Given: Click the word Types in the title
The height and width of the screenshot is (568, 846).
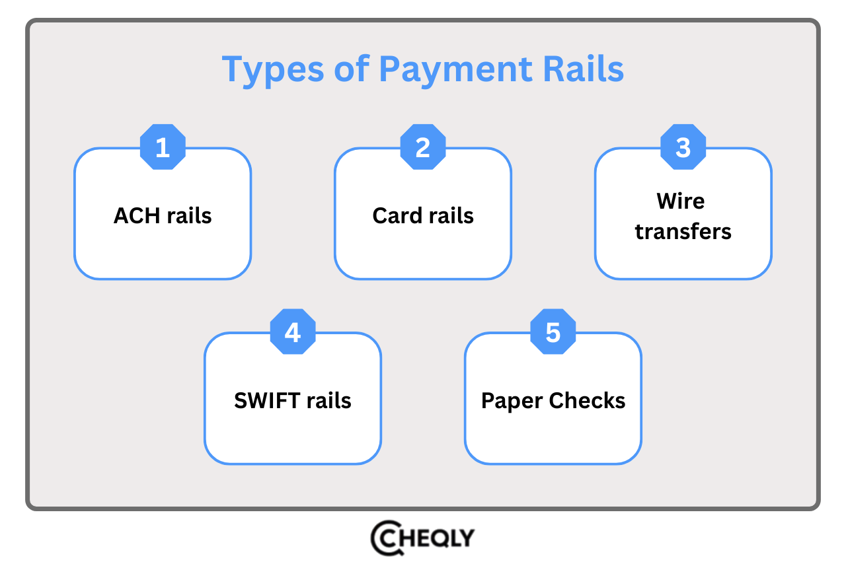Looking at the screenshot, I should (270, 70).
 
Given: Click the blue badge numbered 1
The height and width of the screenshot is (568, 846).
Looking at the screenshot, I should (163, 147).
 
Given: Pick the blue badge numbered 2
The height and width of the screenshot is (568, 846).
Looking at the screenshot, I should (423, 147).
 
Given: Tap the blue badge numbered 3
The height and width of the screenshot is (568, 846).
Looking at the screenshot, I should (683, 147).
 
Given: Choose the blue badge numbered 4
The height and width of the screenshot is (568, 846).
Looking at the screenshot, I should (293, 332).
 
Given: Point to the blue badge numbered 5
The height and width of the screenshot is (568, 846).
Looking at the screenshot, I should (553, 332).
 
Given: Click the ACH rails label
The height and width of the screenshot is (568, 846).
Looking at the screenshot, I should (163, 216).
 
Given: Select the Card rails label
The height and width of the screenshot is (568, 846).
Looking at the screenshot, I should (423, 216).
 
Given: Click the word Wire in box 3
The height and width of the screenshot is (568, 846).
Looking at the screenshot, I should (681, 201).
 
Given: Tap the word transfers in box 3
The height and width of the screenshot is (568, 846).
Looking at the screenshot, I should (683, 232).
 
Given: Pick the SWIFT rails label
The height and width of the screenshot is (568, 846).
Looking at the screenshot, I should (293, 401).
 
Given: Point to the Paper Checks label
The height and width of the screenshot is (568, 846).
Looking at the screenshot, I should (553, 401).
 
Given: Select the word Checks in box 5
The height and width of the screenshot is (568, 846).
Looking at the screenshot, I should (588, 401).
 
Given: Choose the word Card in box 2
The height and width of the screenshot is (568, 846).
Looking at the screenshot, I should (397, 216).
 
